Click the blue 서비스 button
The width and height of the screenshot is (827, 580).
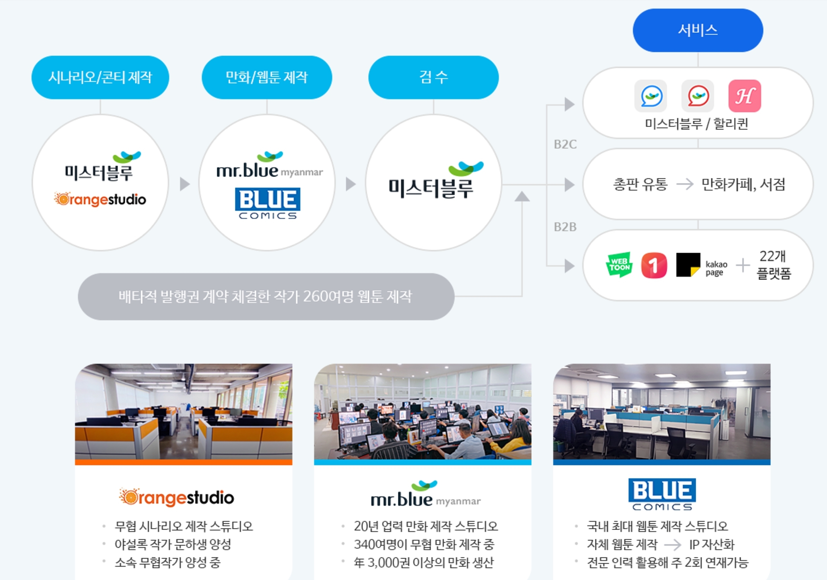[698, 30]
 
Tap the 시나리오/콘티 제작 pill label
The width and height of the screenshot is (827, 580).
[100, 77]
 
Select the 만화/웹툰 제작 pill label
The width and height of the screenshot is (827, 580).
[267, 77]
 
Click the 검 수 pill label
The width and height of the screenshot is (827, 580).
[433, 77]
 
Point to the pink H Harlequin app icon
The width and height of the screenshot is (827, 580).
[744, 96]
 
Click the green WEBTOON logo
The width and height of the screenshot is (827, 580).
[619, 265]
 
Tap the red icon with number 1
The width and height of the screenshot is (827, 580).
[654, 265]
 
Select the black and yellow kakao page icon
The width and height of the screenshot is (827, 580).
[688, 265]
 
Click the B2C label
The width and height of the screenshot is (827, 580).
[565, 144]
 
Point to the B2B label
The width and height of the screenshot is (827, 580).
[565, 227]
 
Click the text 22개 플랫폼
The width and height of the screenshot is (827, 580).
[773, 265]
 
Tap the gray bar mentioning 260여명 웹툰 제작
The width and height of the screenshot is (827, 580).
[266, 297]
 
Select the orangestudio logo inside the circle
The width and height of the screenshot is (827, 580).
[100, 199]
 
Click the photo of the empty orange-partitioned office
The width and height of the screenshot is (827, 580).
[183, 412]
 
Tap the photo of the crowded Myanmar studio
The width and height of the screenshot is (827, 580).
[423, 412]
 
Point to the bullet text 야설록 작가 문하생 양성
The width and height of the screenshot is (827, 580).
[173, 544]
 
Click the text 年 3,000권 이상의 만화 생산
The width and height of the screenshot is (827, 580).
[424, 562]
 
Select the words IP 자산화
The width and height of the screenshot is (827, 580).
[711, 544]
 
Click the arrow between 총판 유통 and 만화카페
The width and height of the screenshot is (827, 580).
[685, 184]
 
